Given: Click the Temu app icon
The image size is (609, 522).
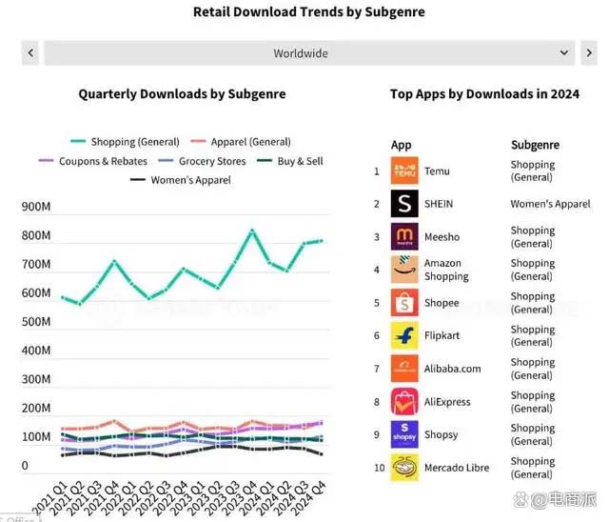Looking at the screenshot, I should coord(404,171).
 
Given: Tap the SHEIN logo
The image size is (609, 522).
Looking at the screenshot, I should coord(404,204).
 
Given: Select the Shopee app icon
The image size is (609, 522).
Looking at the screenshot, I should coord(404,303).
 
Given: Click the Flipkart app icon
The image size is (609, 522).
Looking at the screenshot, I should coord(404,336).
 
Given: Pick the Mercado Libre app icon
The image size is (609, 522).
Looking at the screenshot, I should coord(404,468).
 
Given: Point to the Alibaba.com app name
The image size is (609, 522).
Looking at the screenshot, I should coord(452,369).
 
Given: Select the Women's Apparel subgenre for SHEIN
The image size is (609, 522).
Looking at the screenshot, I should coord(550,204).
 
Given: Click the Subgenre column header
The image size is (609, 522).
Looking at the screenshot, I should coord(535,146).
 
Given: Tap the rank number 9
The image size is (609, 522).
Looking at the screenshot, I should coord(377,434).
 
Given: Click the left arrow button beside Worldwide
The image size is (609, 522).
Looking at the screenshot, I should coord(31,53).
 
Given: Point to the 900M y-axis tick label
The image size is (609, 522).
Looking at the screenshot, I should coord(37,207).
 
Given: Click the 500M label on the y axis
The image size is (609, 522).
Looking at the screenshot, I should coord(37,322).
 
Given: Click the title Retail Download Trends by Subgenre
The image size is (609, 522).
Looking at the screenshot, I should coord(308,12).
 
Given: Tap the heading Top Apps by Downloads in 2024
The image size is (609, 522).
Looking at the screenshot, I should coord(484,94).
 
